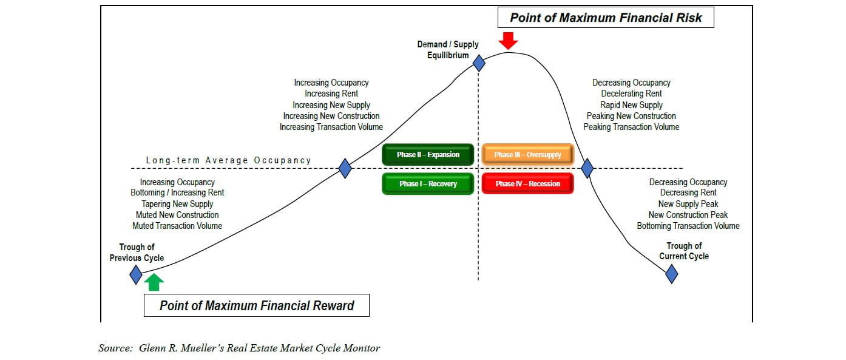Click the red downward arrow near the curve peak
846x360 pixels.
pyautogui.click(x=509, y=40)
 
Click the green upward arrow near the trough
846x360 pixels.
pyautogui.click(x=154, y=282)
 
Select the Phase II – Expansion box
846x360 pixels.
pyautogui.click(x=428, y=155)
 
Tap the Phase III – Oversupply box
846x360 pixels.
pyautogui.click(x=527, y=155)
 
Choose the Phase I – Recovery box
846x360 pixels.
pyautogui.click(x=428, y=184)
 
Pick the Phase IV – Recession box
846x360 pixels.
pyautogui.click(x=527, y=184)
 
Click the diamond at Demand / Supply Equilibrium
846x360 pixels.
pyautogui.click(x=479, y=63)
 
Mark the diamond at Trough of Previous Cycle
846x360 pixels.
pyautogui.click(x=136, y=275)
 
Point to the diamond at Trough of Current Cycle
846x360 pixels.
pyautogui.click(x=671, y=274)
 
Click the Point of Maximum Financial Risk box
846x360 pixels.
pyautogui.click(x=606, y=18)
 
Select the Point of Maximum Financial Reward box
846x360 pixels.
pyautogui.click(x=256, y=305)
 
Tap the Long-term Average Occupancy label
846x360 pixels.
pyautogui.click(x=228, y=160)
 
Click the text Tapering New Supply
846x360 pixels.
pyautogui.click(x=177, y=204)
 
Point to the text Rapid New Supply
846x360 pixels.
pyautogui.click(x=631, y=105)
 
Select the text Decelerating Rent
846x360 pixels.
pyautogui.click(x=631, y=93)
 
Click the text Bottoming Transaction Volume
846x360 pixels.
pyautogui.click(x=688, y=226)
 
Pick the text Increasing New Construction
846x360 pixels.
pyautogui.click(x=331, y=116)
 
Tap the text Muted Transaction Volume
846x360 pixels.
pyautogui.click(x=177, y=226)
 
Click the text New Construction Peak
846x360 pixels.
pyautogui.click(x=688, y=215)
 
